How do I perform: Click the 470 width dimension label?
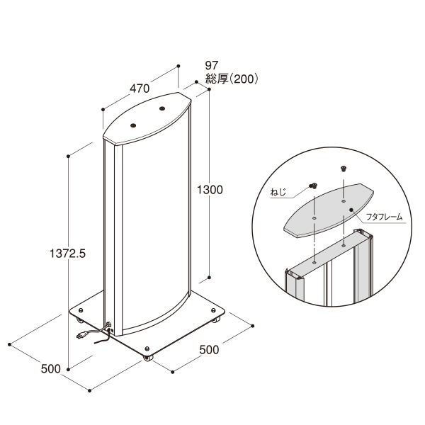tap(140, 89)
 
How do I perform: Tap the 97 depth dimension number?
tap(212, 65)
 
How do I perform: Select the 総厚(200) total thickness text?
tap(232, 79)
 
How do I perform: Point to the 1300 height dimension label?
tap(210, 190)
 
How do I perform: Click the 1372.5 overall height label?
tap(67, 254)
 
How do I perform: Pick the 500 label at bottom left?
tap(51, 369)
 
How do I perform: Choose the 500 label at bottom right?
tap(209, 350)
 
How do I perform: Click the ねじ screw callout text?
tap(278, 192)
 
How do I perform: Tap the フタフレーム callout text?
tap(384, 217)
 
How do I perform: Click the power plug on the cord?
tap(81, 335)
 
